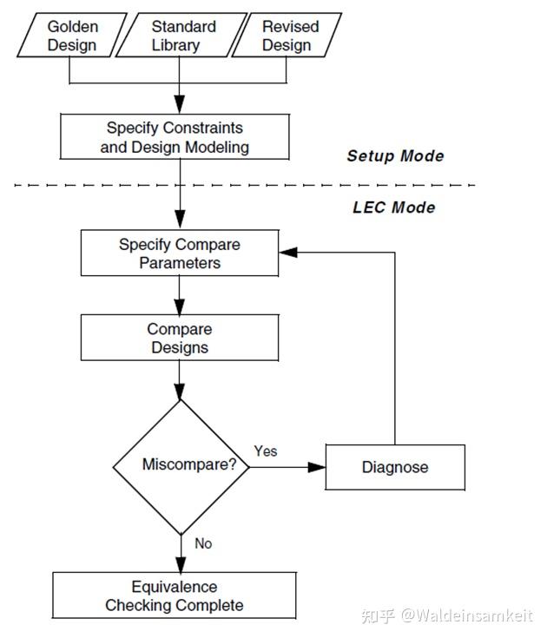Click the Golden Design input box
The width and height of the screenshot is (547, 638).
(72, 36)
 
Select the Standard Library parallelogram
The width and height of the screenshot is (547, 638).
(181, 36)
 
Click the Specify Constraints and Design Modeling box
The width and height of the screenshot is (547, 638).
(175, 137)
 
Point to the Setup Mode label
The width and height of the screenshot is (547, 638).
(395, 156)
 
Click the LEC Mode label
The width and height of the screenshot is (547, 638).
(393, 207)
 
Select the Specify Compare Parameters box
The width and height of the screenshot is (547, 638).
(180, 253)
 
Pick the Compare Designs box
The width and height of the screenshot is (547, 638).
(180, 339)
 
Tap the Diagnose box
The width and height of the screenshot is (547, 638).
(395, 467)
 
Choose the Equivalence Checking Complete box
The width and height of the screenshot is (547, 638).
(175, 596)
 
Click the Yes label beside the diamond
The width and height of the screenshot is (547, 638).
(266, 451)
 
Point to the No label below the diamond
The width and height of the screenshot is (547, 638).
(203, 543)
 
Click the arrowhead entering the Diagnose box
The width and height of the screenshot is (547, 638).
(319, 467)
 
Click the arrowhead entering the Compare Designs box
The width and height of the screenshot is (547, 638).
(180, 309)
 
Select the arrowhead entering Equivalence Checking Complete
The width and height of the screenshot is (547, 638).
(180, 566)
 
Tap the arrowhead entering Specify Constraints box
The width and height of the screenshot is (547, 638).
(180, 109)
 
